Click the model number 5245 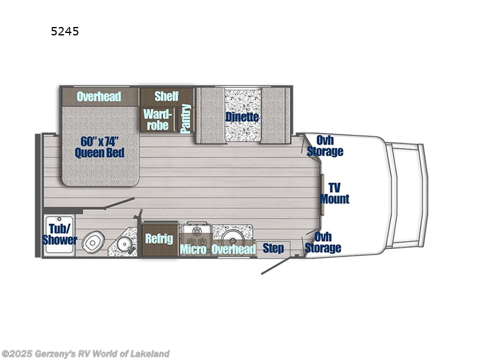[65, 31]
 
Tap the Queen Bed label [100, 147]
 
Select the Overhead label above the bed [99, 96]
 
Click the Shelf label [166, 96]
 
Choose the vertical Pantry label [185, 118]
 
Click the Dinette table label [242, 116]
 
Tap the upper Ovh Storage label [325, 146]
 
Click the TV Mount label [334, 193]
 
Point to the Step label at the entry [274, 248]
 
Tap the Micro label [193, 249]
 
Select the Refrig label [159, 238]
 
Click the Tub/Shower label [59, 235]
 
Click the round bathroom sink [124, 244]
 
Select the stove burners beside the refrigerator [195, 231]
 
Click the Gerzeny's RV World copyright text [85, 353]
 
